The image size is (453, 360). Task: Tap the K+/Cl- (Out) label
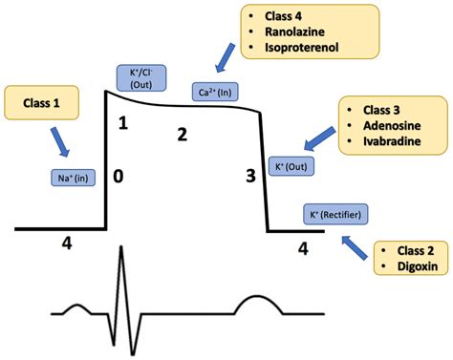pyautogui.click(x=139, y=77)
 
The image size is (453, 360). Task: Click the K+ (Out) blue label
pyautogui.click(x=291, y=166)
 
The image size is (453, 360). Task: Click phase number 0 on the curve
pyautogui.click(x=118, y=177)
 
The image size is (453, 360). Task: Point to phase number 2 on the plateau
pyautogui.click(x=183, y=134)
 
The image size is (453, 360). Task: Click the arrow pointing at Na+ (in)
pyautogui.click(x=60, y=144)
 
